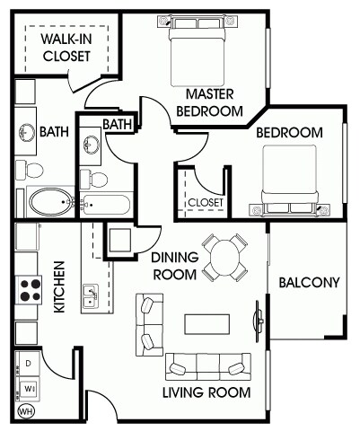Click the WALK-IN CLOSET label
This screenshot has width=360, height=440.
click(x=66, y=48)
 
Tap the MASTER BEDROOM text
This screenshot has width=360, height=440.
click(x=209, y=102)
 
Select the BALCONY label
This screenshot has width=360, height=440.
click(x=309, y=283)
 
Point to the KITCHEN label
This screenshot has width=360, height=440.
click(x=59, y=287)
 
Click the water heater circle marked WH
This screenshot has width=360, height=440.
click(x=26, y=411)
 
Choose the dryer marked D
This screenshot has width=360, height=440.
click(x=28, y=363)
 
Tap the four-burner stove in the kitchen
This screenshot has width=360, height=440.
click(x=29, y=290)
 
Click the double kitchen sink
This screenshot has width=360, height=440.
click(x=91, y=296)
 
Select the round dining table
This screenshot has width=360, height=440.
click(x=225, y=257)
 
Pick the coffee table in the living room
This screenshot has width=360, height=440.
click(x=206, y=324)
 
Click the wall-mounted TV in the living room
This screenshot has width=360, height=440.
click(x=259, y=321)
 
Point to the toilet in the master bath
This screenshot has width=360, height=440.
click(x=30, y=170)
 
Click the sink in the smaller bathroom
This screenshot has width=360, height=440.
click(x=92, y=145)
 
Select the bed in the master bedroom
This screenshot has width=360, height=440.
click(x=198, y=51)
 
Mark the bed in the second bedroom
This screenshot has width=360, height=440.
click(x=289, y=180)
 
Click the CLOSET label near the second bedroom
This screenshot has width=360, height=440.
click(x=206, y=203)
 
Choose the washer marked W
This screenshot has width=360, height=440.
click(x=29, y=389)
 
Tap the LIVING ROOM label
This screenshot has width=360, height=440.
click(x=206, y=392)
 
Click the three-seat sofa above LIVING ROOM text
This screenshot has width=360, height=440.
click(x=208, y=367)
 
